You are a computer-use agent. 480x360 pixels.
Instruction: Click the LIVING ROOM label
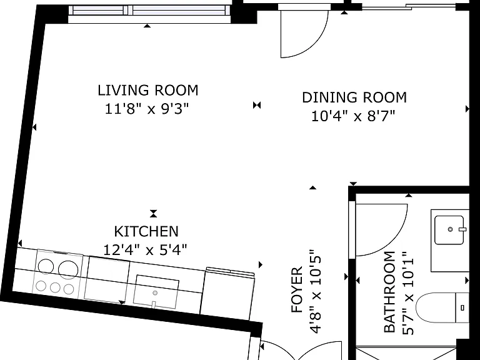click(148, 90)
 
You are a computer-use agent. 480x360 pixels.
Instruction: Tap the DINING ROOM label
click(354, 97)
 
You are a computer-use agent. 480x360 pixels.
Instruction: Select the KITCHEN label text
click(146, 231)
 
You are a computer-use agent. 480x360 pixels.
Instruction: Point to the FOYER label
click(297, 290)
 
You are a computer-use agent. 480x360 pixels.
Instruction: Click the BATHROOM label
click(389, 292)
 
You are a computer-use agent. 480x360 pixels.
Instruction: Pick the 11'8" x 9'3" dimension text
click(147, 109)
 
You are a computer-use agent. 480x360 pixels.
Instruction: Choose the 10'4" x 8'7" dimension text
click(353, 116)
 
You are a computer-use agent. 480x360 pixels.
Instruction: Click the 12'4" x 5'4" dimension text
click(145, 250)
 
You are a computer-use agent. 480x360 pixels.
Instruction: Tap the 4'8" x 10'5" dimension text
click(316, 292)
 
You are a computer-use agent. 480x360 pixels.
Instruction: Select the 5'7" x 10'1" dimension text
click(408, 293)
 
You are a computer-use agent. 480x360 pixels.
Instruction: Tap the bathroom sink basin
click(449, 230)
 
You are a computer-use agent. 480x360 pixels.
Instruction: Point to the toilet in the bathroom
click(443, 307)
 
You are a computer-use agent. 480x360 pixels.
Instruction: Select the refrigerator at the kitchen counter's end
click(227, 294)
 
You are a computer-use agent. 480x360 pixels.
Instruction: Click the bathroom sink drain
click(450, 229)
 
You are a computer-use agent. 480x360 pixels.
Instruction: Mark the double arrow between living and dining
click(257, 105)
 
